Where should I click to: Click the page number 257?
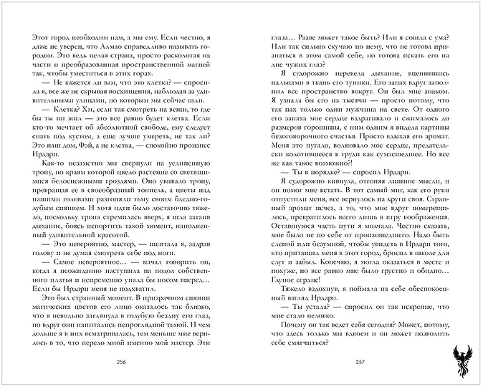(x=360, y=360)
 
